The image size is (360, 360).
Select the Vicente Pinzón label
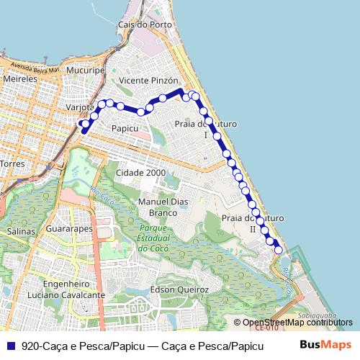pos(144,80)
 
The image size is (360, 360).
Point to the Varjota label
pos(80,107)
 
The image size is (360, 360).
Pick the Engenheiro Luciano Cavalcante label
pos(66,289)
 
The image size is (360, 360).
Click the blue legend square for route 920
pos(12,346)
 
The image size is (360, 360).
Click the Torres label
pos(13,164)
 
